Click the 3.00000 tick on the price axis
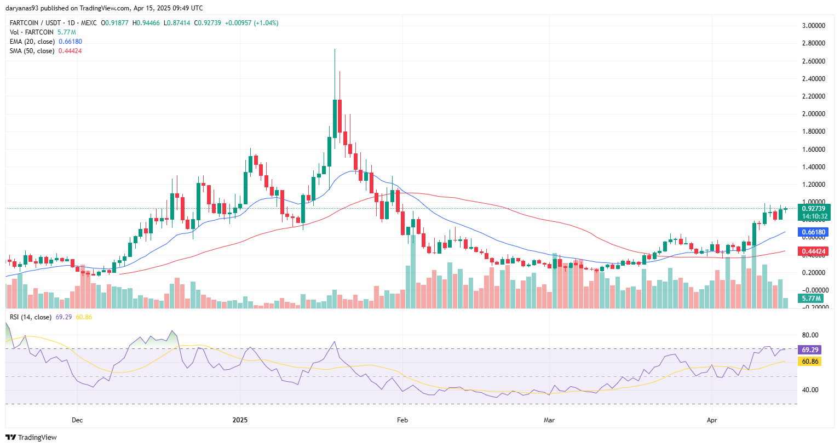click(813, 26)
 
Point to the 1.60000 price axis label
click(813, 150)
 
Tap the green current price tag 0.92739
click(813, 209)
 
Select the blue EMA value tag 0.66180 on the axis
click(813, 232)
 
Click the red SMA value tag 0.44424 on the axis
click(813, 251)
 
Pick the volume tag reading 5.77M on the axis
click(811, 299)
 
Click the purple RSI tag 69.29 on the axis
click(810, 349)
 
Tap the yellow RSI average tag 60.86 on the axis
click(810, 362)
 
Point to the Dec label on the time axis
click(77, 420)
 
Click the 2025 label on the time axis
click(240, 420)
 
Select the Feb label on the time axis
click(402, 420)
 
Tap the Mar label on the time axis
click(549, 420)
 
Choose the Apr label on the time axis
click(712, 420)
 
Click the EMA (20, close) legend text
click(32, 42)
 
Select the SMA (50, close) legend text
click(32, 51)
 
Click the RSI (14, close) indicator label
click(31, 317)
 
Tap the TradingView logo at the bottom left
click(31, 437)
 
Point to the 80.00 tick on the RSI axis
click(810, 335)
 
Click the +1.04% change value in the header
click(266, 23)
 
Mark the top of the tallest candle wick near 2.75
click(335, 49)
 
